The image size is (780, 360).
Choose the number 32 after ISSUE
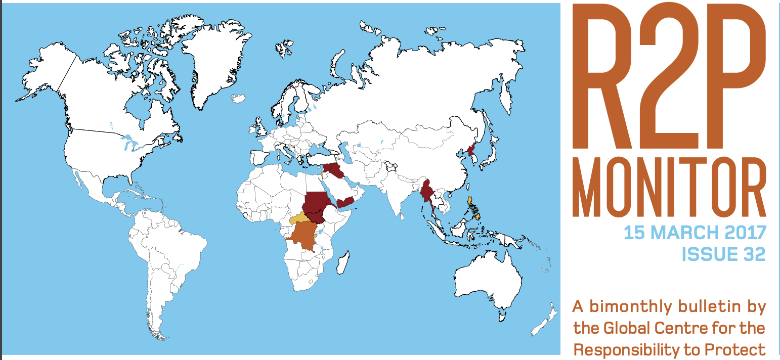click(x=754, y=254)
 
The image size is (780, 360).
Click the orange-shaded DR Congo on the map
click(x=302, y=237)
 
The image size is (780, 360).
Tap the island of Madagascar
click(x=342, y=264)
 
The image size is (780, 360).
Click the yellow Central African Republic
click(x=300, y=218)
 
